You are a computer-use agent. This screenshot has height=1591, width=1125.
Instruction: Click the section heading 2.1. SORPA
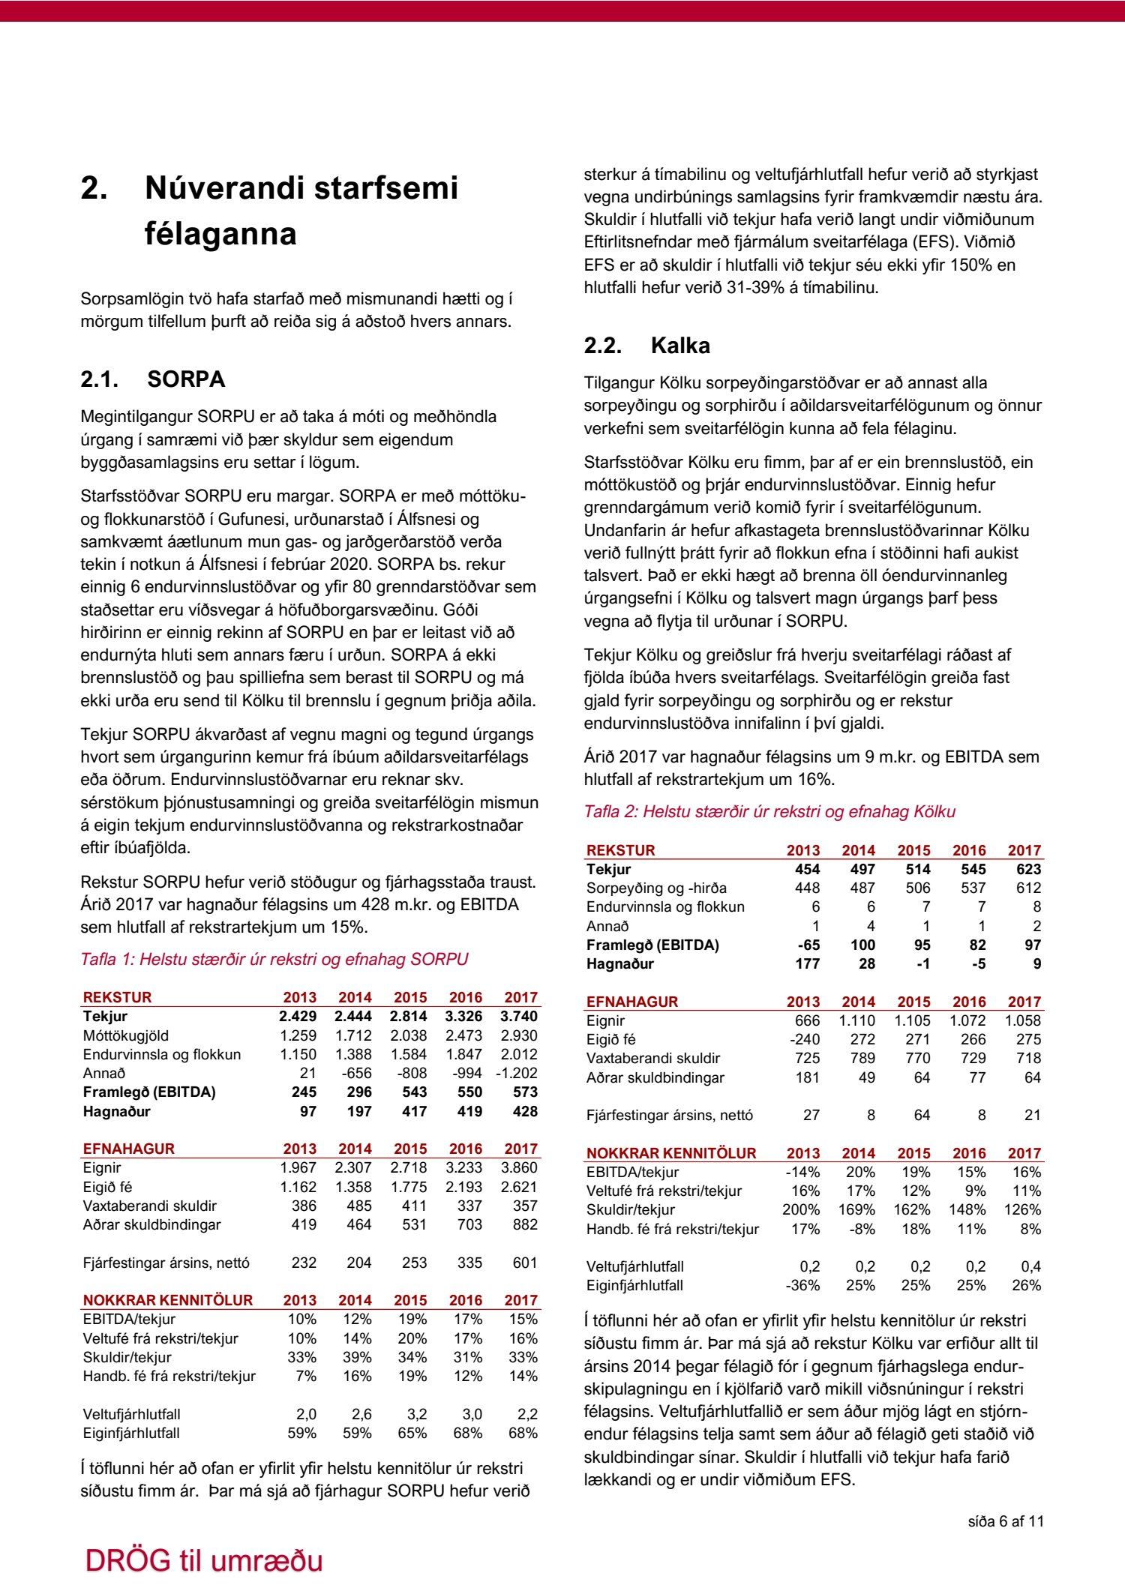point(152,379)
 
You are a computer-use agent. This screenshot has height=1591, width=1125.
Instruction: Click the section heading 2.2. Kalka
point(646,346)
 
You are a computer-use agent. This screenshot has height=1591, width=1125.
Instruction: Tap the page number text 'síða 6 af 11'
point(1006,1521)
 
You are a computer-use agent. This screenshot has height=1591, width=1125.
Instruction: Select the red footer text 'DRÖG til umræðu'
point(204,1560)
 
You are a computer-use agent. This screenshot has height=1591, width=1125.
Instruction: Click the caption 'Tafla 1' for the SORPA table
point(274,959)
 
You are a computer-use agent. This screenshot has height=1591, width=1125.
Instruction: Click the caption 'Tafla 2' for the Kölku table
point(769,811)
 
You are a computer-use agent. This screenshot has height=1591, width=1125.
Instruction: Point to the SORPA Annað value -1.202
point(517,1073)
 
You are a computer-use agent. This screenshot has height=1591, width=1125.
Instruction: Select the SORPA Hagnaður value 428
point(524,1111)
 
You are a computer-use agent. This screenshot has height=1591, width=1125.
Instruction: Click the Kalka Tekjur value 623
point(1028,869)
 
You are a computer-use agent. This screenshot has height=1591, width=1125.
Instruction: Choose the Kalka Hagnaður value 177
point(807,963)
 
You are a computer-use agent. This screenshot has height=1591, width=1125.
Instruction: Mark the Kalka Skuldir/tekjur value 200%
point(801,1209)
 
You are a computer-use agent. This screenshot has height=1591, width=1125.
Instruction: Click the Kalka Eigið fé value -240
point(804,1039)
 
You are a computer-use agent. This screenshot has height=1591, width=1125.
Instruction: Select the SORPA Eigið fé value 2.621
point(519,1187)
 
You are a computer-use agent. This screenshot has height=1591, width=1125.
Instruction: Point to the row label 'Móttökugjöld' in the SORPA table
point(126,1035)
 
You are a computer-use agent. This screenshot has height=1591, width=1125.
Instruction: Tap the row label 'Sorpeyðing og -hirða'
point(656,888)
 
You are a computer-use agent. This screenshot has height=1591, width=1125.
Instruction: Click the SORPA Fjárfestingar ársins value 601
point(524,1263)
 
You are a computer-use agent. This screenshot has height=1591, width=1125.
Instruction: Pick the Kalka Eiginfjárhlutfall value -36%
point(802,1285)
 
